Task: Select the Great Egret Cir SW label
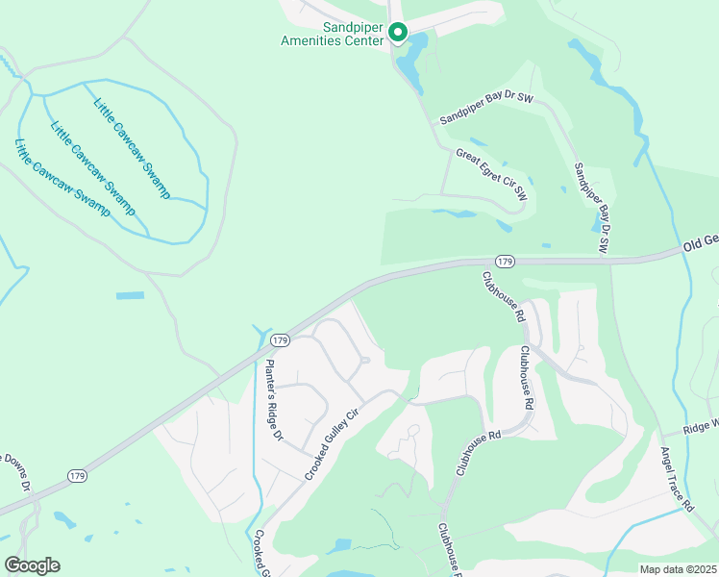(x=492, y=174)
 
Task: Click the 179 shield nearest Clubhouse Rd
(x=506, y=262)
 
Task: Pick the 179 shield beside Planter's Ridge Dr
(x=280, y=340)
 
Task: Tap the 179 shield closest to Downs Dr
(x=80, y=476)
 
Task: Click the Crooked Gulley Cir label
(x=332, y=443)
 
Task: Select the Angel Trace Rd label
(x=677, y=478)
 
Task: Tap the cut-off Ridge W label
(x=699, y=426)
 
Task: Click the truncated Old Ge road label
(x=699, y=245)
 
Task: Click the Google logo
(x=32, y=565)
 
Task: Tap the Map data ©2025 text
(x=679, y=569)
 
